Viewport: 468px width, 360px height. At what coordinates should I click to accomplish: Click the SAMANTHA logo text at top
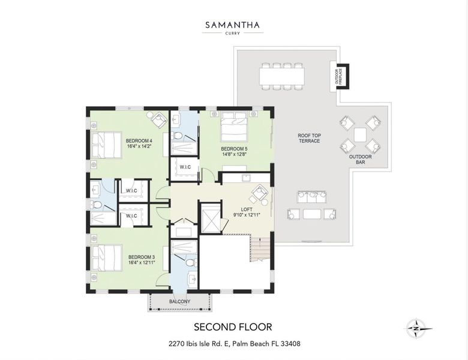click(x=233, y=25)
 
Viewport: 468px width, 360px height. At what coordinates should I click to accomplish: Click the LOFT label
click(x=246, y=212)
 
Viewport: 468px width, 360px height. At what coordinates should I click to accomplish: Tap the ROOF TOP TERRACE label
click(x=309, y=139)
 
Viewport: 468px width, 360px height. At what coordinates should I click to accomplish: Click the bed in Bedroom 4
click(x=107, y=145)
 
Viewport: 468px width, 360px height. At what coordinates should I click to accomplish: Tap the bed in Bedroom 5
click(x=233, y=127)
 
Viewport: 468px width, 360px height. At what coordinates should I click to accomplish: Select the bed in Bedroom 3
click(x=107, y=257)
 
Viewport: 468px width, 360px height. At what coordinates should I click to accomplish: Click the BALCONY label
click(x=179, y=301)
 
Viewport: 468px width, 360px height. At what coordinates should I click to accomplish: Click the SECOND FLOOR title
click(x=233, y=327)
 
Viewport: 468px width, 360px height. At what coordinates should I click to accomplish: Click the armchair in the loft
click(x=259, y=194)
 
